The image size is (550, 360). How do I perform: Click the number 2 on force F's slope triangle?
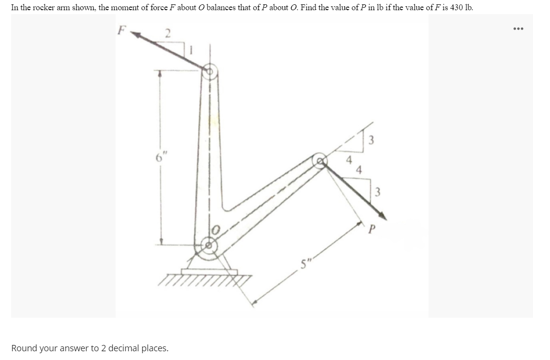[x=168, y=34]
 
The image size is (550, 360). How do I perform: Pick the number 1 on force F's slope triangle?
[x=191, y=50]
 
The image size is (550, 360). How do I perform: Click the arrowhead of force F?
[x=136, y=34]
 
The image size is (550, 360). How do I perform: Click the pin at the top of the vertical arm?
[x=209, y=71]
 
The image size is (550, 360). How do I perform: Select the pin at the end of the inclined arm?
[x=320, y=161]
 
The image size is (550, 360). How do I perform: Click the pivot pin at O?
[x=208, y=245]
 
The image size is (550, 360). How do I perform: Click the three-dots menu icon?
[x=518, y=29]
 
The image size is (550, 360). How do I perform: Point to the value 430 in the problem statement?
[x=457, y=7]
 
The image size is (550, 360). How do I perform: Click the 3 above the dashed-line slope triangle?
[x=372, y=140]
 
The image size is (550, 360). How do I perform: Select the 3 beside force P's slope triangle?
[x=378, y=192]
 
